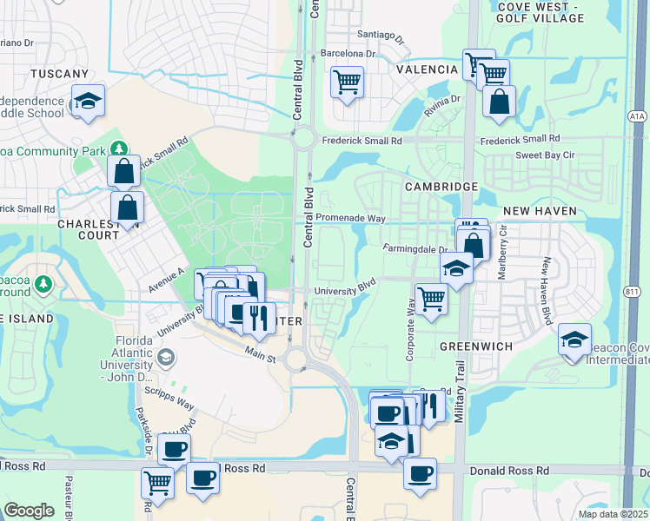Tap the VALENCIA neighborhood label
(x=427, y=69)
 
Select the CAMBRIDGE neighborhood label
(x=441, y=187)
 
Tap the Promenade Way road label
(x=350, y=217)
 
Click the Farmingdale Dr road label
(x=416, y=249)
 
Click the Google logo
(x=29, y=510)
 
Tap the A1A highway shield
(x=636, y=113)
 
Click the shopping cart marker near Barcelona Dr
(x=348, y=83)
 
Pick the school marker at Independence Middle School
(x=87, y=102)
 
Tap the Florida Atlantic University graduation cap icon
(x=165, y=357)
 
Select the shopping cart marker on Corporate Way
(x=431, y=300)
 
